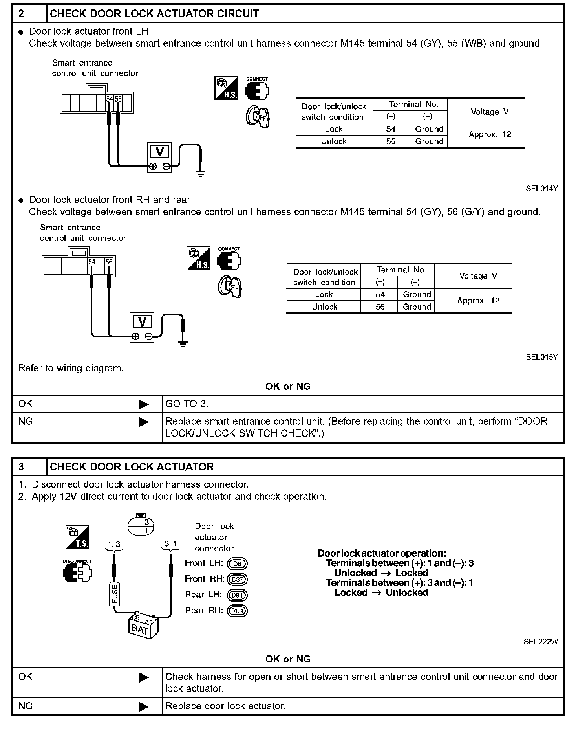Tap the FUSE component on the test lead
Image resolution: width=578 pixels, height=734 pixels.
[x=114, y=594]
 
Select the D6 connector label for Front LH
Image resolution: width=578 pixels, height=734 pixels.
[x=238, y=564]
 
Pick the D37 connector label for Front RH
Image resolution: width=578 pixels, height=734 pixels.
[x=238, y=580]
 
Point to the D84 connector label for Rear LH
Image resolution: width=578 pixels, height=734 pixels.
[x=238, y=595]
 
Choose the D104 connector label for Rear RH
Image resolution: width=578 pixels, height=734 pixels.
[x=238, y=611]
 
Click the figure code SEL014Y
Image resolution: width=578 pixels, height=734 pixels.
[x=541, y=189]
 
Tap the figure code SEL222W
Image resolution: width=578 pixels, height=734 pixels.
[x=540, y=642]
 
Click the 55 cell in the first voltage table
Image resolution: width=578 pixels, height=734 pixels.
[x=391, y=141]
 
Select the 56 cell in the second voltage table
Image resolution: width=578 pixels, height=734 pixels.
[x=380, y=307]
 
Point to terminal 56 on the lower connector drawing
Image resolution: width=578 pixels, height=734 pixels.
[x=109, y=262]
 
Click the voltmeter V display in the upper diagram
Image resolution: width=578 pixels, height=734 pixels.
[x=160, y=152]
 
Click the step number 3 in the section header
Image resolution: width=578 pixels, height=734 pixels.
[x=22, y=467]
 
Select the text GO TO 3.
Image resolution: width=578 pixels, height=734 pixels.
[x=187, y=404]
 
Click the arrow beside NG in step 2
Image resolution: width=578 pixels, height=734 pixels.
[x=144, y=422]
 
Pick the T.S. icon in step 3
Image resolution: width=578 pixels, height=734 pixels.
[x=77, y=537]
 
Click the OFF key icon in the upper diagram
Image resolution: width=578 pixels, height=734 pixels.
[x=258, y=117]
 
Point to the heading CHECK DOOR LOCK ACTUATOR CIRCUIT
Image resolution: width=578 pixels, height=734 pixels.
[x=154, y=14]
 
